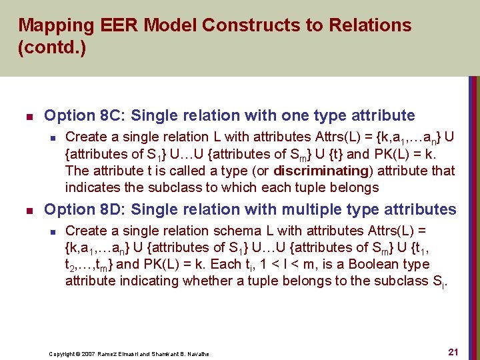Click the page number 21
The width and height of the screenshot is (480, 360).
(x=453, y=351)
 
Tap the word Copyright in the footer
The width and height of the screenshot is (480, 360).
(x=61, y=353)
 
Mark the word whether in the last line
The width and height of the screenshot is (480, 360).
(x=205, y=281)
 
